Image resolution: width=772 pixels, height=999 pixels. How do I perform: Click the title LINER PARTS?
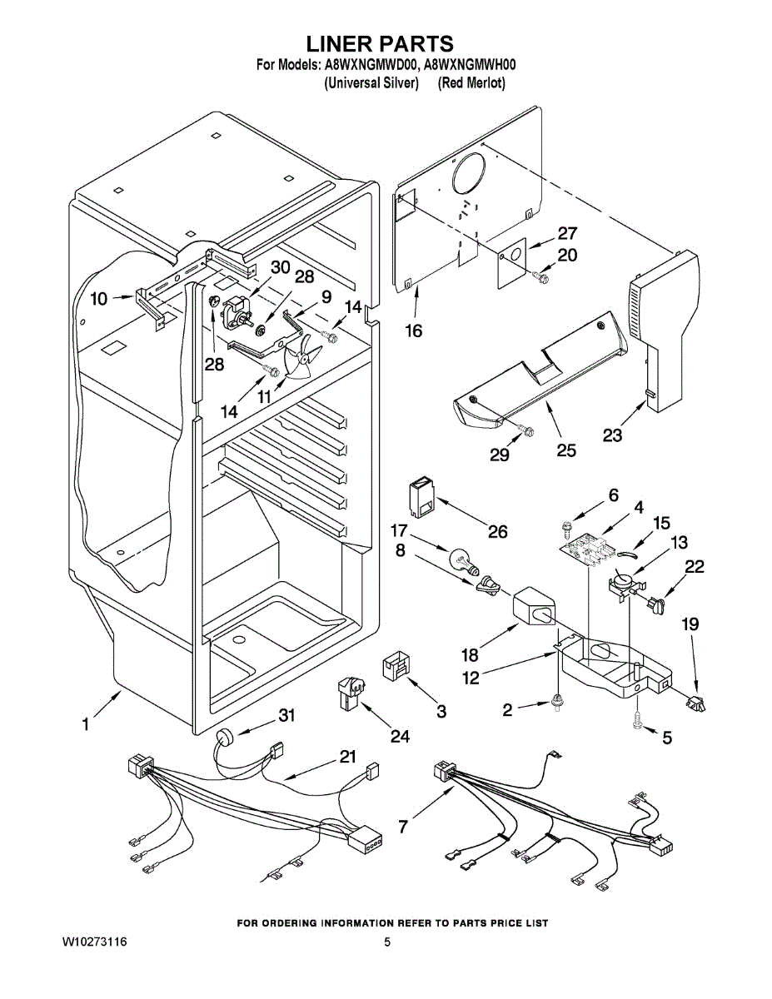coord(380,44)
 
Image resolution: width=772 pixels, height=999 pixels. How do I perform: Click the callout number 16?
coord(414,331)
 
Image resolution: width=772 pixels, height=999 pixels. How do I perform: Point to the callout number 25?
coord(566,450)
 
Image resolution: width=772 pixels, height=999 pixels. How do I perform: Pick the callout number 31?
coord(286,716)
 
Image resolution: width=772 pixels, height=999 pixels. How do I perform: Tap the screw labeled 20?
coord(541,276)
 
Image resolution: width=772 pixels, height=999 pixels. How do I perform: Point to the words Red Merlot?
coord(471,83)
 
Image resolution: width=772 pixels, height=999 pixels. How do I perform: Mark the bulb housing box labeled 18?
coord(534,606)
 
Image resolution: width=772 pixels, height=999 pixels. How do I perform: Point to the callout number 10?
coord(98,299)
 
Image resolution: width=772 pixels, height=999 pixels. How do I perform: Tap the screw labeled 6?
coord(565,527)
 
